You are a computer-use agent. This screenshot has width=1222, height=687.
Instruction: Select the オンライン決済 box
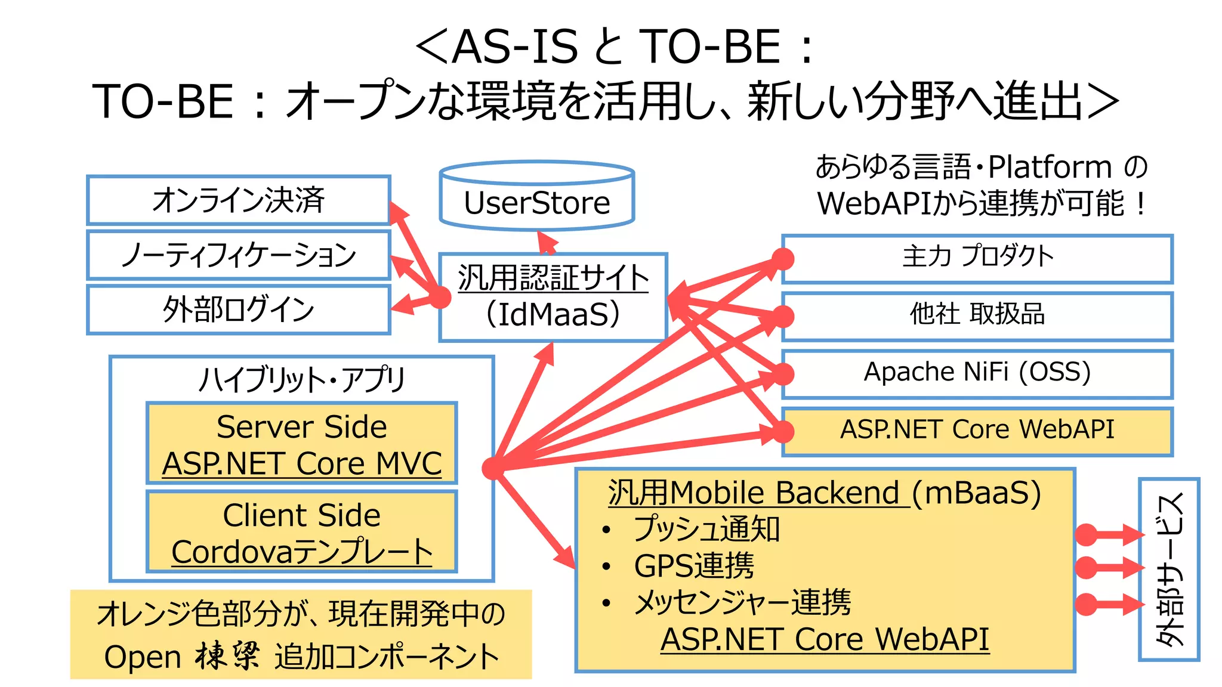[x=238, y=200]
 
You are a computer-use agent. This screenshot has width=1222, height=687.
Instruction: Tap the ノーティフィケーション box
[x=238, y=255]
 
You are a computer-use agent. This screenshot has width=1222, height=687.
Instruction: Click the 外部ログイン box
[x=238, y=310]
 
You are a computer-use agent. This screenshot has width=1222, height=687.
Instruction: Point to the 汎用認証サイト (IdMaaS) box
[x=553, y=297]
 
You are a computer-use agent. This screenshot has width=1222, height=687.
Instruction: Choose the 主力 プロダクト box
[x=977, y=258]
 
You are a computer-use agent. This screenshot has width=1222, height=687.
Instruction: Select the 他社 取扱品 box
[x=977, y=315]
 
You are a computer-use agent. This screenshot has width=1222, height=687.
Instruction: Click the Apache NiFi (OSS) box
[x=977, y=373]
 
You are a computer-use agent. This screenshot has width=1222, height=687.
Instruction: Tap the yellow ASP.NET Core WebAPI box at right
[x=977, y=431]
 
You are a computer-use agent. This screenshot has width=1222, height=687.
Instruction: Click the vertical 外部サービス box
[x=1168, y=569]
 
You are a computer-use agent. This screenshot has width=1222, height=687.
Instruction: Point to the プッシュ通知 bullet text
[x=706, y=529]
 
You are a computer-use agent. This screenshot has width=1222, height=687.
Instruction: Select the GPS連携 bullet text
[x=694, y=565]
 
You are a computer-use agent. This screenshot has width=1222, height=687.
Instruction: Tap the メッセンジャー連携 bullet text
[x=742, y=602]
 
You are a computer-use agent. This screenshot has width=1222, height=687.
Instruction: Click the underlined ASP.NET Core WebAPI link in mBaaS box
[x=825, y=639]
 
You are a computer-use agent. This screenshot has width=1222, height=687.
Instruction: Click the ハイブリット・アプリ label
[x=301, y=379]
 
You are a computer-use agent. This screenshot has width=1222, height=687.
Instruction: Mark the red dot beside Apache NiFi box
[x=783, y=375]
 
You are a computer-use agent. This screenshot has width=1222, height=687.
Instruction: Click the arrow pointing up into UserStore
[x=547, y=243]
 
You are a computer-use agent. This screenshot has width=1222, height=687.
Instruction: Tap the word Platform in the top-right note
[x=1050, y=168]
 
